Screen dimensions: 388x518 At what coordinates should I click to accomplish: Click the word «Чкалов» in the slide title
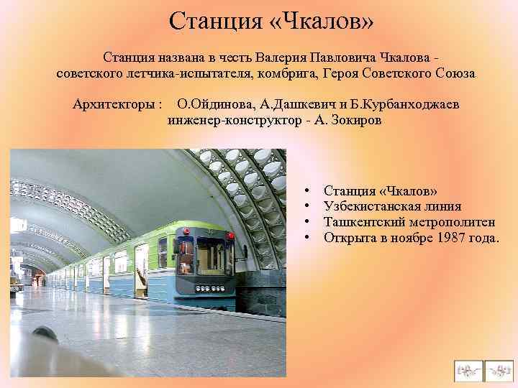(x=328, y=21)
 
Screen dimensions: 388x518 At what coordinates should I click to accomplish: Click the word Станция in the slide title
(x=217, y=21)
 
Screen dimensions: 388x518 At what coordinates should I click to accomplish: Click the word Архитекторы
(x=118, y=104)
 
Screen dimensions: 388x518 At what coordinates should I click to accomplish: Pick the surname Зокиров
(x=354, y=120)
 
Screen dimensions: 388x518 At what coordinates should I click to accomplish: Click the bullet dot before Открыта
(x=306, y=238)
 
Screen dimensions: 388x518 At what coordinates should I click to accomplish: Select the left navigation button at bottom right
(x=468, y=370)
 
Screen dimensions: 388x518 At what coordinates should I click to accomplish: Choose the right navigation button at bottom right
(x=499, y=370)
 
